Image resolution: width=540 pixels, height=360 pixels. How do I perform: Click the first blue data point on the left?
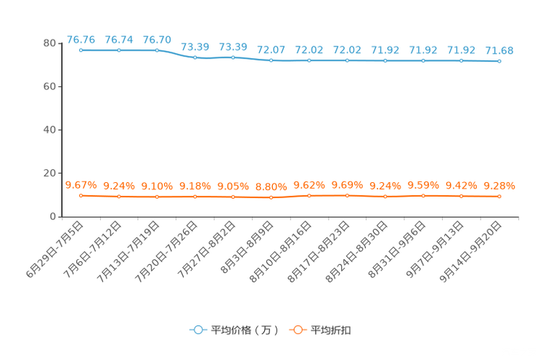coord(81,50)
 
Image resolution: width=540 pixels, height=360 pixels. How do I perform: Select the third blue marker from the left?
coord(157,50)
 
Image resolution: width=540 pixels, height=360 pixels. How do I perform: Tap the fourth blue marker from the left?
coord(195,58)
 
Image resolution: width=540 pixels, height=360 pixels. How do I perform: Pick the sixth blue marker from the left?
coord(271,60)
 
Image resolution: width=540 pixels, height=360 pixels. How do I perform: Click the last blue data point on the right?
coord(499,62)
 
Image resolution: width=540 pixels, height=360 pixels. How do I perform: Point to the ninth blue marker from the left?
coord(385,61)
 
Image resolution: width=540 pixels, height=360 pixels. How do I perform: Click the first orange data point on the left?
coord(81,195)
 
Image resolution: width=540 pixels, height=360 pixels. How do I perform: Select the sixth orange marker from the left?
coord(271,197)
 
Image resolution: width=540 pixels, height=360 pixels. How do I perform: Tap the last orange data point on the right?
coord(499,196)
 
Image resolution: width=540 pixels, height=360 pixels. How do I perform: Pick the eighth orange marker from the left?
coord(347,195)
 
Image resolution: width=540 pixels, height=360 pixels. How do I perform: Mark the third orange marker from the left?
coord(157,197)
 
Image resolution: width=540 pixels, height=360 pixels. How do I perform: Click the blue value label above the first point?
coord(81,38)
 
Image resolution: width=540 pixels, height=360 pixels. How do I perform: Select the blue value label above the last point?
coord(499,50)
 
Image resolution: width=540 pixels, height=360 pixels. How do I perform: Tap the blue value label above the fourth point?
coord(195,46)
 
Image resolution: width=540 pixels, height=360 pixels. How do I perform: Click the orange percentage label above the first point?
coord(81,185)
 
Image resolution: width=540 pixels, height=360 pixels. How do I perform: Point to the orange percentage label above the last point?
coord(499,186)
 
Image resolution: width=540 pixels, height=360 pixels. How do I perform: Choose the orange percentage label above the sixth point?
coord(271,187)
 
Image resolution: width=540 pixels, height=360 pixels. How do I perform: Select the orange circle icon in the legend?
coord(297,330)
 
